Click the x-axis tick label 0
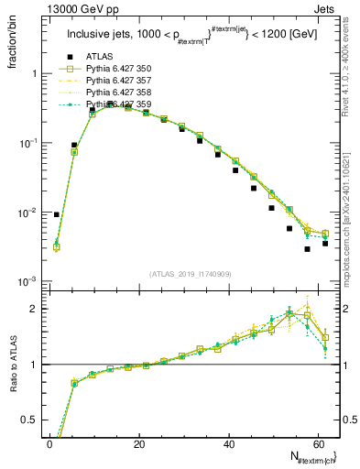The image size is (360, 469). click(x=49, y=444)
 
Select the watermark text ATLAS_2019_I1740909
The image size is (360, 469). click(x=190, y=274)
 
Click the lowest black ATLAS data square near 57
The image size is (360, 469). click(x=308, y=249)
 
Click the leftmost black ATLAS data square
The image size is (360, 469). click(x=57, y=214)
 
